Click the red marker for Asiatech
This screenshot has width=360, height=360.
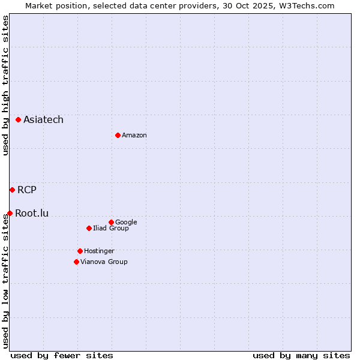[x=19, y=120]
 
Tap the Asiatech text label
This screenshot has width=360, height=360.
[x=43, y=120]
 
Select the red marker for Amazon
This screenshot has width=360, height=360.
[x=118, y=135]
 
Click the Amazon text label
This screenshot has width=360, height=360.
[x=134, y=136]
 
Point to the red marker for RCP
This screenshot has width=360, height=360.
[x=12, y=190]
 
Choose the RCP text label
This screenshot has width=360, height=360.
[x=27, y=190]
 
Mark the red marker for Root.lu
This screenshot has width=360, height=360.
[x=10, y=213]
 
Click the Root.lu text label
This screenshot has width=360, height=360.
[x=32, y=213]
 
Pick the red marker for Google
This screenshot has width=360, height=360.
[x=111, y=222]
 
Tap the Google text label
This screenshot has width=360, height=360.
[x=126, y=223]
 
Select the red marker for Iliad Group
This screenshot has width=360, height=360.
[x=89, y=228]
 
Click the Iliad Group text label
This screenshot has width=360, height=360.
[x=111, y=229]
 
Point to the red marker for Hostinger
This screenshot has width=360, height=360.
[x=80, y=251]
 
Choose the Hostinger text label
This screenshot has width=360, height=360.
[x=99, y=251]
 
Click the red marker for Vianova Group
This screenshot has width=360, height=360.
[x=76, y=262]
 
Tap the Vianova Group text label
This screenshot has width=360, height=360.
[x=104, y=262]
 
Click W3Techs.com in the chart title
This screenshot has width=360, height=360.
[x=310, y=6]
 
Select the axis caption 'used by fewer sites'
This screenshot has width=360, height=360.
[x=62, y=355]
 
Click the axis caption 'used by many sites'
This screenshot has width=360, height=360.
[x=301, y=355]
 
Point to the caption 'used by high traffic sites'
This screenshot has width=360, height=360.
[x=6, y=85]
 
